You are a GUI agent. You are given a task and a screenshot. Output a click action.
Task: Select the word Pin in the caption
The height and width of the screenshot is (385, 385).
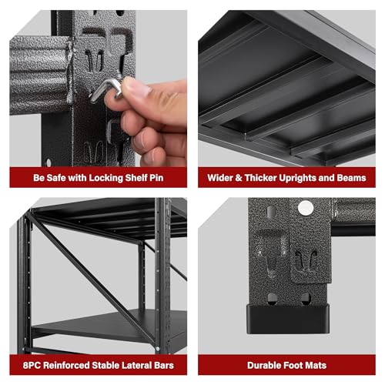tap(156, 178)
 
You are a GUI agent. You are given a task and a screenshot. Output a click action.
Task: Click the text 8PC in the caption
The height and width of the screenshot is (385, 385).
tap(32, 365)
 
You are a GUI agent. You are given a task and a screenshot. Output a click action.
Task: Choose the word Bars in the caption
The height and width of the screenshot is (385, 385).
tap(164, 365)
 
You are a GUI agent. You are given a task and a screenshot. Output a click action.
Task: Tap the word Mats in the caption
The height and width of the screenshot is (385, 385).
tap(315, 365)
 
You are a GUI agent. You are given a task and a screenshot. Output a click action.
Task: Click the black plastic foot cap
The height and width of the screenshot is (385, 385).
tap(288, 319)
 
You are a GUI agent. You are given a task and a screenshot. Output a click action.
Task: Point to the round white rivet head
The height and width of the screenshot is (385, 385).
tap(306, 208)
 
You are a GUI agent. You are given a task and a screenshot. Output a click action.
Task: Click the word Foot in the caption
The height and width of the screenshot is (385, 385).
tap(291, 365)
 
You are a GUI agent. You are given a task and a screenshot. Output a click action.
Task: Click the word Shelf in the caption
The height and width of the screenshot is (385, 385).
tap(136, 178)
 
